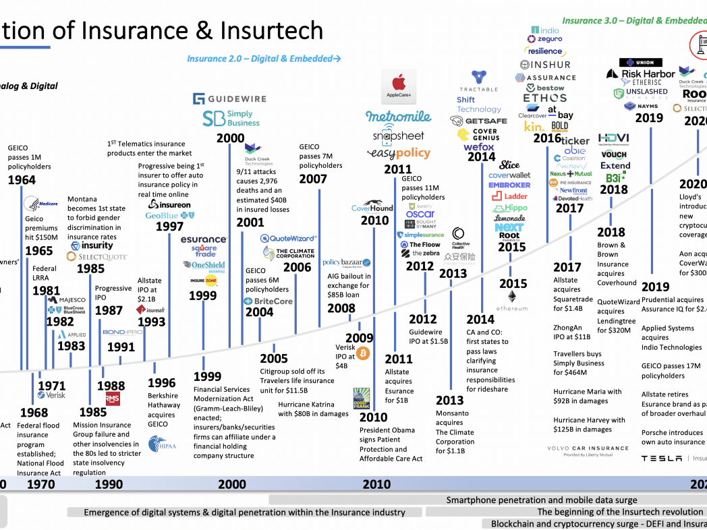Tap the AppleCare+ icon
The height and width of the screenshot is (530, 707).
pos(399,86)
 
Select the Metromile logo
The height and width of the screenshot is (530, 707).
pos(398,117)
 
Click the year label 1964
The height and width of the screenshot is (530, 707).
pos(22,180)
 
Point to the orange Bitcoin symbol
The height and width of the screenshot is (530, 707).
pos(363,353)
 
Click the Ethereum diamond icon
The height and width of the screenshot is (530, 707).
pos(512,297)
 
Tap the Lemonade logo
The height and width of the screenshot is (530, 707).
pos(509,218)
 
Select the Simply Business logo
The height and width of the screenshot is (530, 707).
pos(231,119)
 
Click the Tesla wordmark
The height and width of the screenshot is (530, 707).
pos(661,459)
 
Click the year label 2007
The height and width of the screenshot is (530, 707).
pos(313,179)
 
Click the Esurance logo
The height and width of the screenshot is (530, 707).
pos(204,239)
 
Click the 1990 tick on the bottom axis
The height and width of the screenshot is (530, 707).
pos(109,483)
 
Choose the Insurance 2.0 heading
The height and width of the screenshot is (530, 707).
pos(264,59)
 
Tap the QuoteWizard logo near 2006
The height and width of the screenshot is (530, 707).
pos(288,238)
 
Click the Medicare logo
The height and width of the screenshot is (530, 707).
pos(40,202)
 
